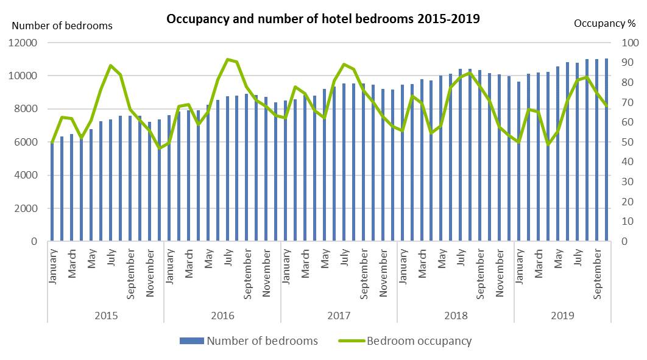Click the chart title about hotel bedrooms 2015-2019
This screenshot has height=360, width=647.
[x=323, y=19]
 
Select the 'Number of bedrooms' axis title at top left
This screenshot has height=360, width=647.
[x=62, y=26]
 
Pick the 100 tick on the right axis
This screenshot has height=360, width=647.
[x=629, y=43]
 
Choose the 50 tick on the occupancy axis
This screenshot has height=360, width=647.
[x=627, y=143]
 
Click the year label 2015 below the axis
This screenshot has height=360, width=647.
[x=106, y=316]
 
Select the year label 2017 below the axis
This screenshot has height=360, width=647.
[x=339, y=316]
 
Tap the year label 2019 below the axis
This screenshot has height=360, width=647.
[x=562, y=316]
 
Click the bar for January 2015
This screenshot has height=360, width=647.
[x=52, y=192]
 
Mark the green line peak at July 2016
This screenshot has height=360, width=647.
[x=227, y=59]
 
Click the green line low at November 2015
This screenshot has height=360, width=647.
[x=160, y=148]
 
